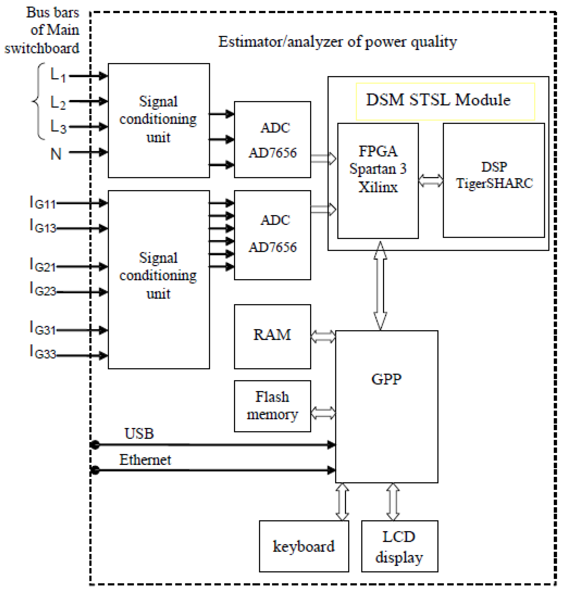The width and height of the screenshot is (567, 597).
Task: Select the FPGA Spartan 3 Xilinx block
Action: [x=378, y=180]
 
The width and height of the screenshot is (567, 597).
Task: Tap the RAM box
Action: [x=272, y=337]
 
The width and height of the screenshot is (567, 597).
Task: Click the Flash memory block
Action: [x=272, y=406]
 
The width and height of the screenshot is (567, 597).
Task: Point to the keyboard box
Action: [x=304, y=546]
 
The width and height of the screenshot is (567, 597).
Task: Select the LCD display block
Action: [x=399, y=546]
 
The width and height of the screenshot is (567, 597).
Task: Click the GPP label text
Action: [x=386, y=379]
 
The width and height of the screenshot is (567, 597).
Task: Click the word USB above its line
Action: [x=139, y=433]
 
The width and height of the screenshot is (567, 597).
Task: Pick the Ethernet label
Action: [x=145, y=460]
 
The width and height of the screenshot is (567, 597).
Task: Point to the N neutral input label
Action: [x=56, y=154]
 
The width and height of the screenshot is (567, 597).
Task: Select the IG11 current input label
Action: [x=43, y=203]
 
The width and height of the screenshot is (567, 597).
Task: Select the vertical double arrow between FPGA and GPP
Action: [x=380, y=285]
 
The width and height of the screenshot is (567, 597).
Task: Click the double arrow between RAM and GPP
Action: [x=323, y=337]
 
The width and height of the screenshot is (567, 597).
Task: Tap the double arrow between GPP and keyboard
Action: [x=342, y=502]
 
